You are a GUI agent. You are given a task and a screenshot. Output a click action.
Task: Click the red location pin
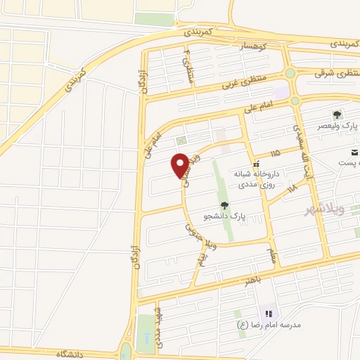pyautogui.click(x=181, y=165)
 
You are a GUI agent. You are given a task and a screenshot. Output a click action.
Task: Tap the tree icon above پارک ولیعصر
pyautogui.click(x=337, y=115)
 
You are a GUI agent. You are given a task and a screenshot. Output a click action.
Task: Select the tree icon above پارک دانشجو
pyautogui.click(x=224, y=205)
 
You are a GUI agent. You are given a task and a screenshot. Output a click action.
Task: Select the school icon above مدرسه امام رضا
pyautogui.click(x=267, y=314)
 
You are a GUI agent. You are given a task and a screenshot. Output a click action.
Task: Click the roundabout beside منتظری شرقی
pyautogui.click(x=290, y=72)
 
